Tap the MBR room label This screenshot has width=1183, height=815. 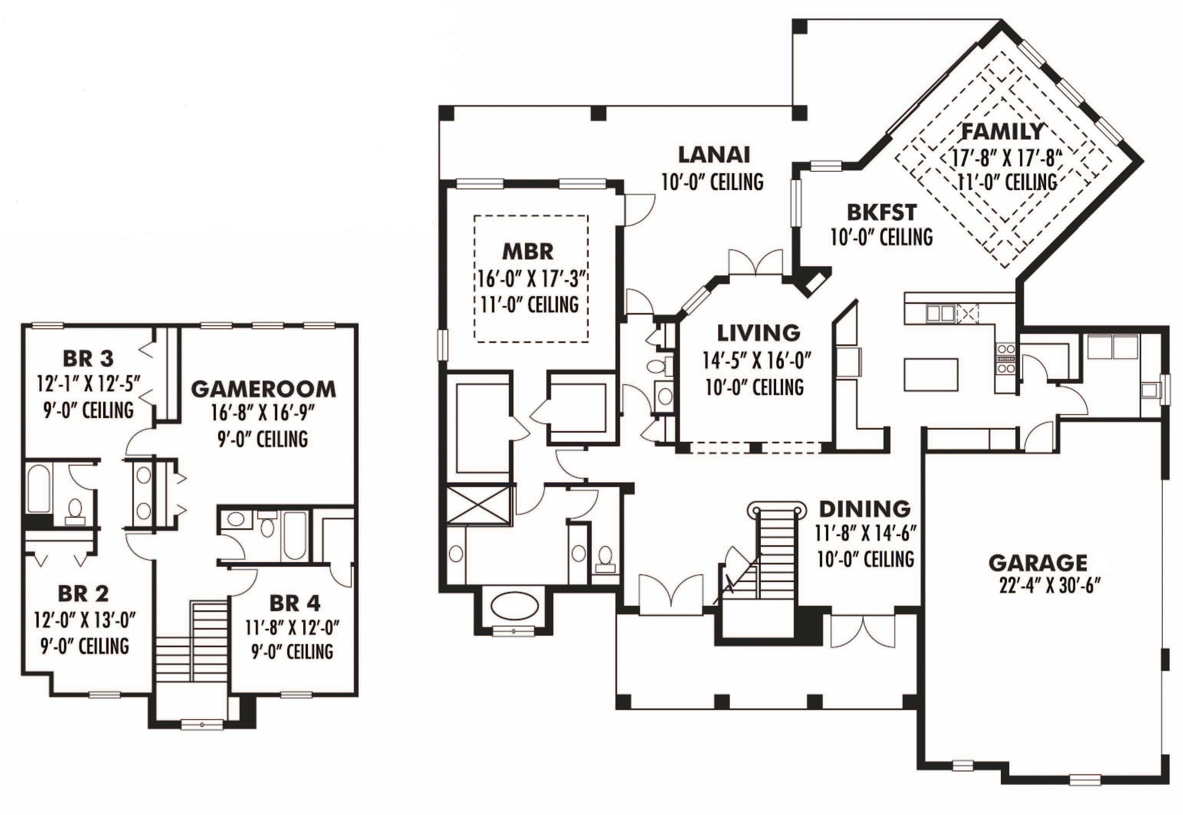528,252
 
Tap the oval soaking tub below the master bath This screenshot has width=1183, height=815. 514,606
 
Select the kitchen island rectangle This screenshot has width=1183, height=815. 931,374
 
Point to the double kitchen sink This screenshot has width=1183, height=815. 940,313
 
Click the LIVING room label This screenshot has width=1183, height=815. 759,333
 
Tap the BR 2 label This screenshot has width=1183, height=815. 83,594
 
